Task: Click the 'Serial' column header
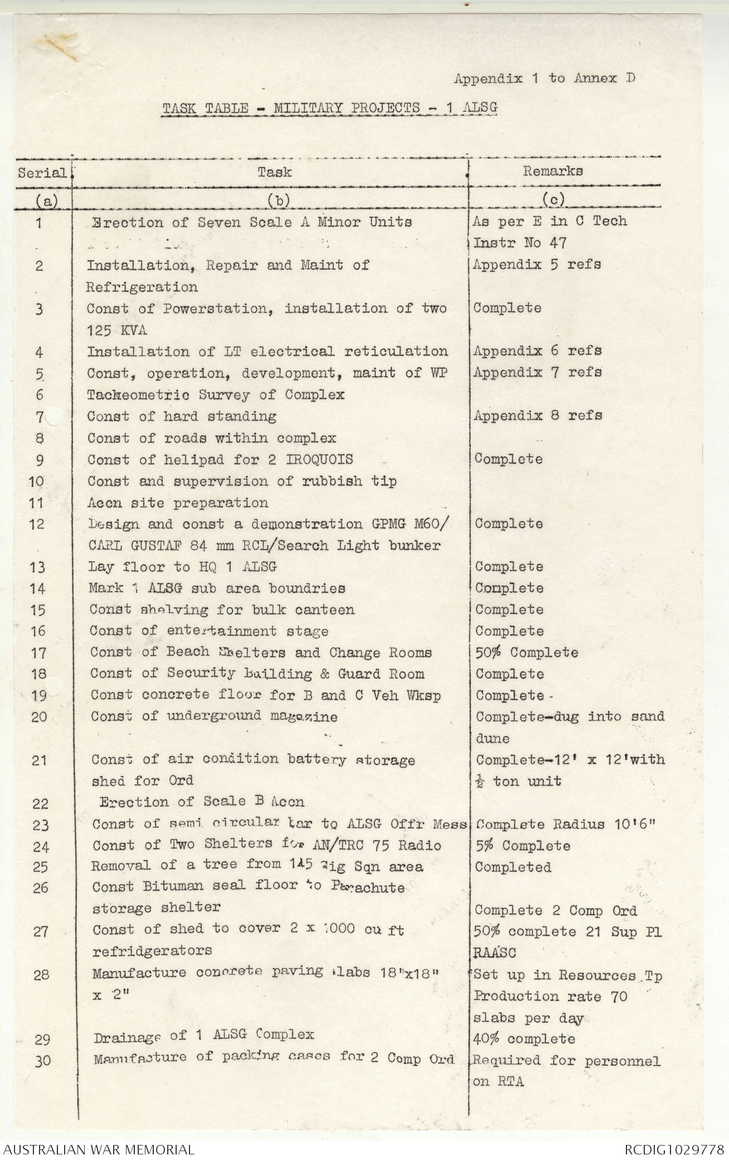[42, 173]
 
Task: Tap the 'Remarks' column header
[552, 171]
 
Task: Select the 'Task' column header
[274, 172]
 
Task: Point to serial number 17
[38, 653]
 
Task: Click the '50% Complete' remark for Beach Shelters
[526, 653]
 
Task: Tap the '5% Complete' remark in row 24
[522, 846]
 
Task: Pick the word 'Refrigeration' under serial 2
[142, 288]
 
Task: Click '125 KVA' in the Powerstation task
[116, 331]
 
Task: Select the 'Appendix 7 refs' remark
[537, 372]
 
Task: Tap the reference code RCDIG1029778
[674, 1149]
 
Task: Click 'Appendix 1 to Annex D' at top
[544, 79]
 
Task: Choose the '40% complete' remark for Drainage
[524, 1040]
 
